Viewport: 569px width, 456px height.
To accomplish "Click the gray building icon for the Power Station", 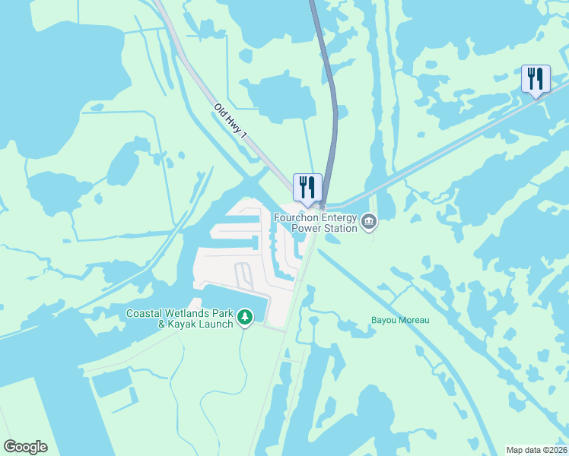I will click(369, 222).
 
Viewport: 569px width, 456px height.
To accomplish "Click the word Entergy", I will click(339, 217).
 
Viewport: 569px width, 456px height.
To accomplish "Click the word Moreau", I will click(413, 320).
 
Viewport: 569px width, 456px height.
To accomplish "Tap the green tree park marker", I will click(244, 316).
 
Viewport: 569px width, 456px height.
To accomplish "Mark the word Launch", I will click(215, 325).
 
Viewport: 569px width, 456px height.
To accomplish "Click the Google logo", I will click(25, 447).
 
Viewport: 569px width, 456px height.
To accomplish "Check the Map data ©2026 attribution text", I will click(537, 449).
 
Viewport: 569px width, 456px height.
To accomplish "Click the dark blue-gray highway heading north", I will click(327, 76).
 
